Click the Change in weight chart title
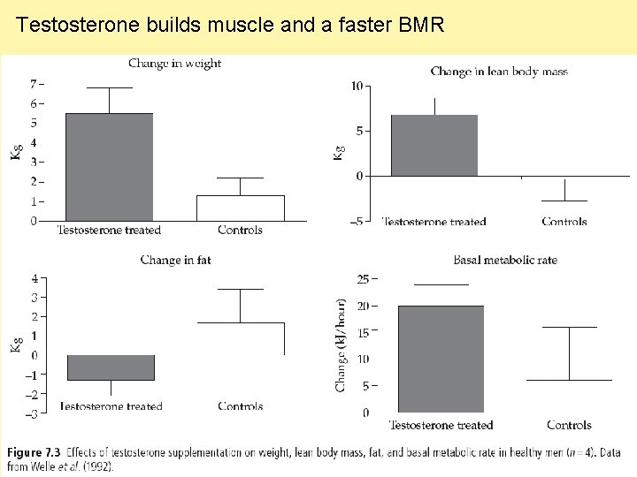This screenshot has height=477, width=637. click(174, 63)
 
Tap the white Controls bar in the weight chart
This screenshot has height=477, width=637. click(240, 208)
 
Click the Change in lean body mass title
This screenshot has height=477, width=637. click(499, 71)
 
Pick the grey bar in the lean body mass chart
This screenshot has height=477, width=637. click(434, 146)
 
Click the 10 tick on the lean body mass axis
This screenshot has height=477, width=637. click(357, 86)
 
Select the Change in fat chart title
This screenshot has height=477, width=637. click(175, 260)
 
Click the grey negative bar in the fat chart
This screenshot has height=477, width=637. click(111, 367)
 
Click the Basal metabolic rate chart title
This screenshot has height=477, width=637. click(505, 260)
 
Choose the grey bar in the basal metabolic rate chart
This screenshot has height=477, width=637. click(441, 359)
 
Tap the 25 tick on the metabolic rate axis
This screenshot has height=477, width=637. click(363, 279)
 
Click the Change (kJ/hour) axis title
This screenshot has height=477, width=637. click(341, 344)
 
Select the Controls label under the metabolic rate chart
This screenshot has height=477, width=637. click(569, 425)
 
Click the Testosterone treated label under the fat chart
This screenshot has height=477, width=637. click(111, 406)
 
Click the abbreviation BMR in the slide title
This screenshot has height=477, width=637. click(421, 25)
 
